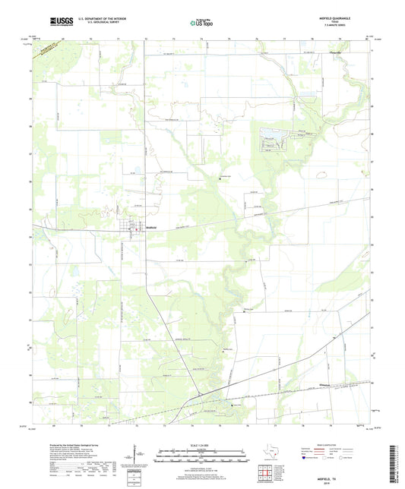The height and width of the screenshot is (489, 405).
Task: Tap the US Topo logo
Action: click(203, 23)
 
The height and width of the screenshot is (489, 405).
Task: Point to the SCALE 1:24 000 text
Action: click(202, 444)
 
